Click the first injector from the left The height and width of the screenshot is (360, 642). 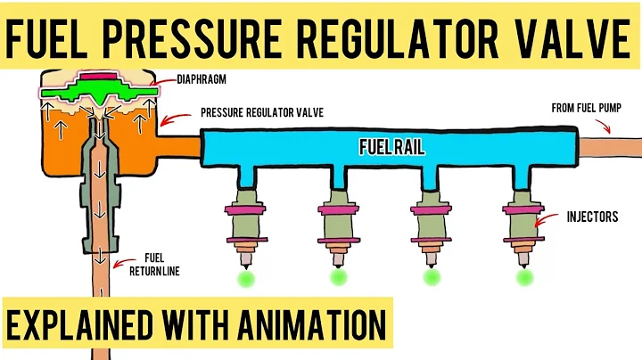tap(245, 223)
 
